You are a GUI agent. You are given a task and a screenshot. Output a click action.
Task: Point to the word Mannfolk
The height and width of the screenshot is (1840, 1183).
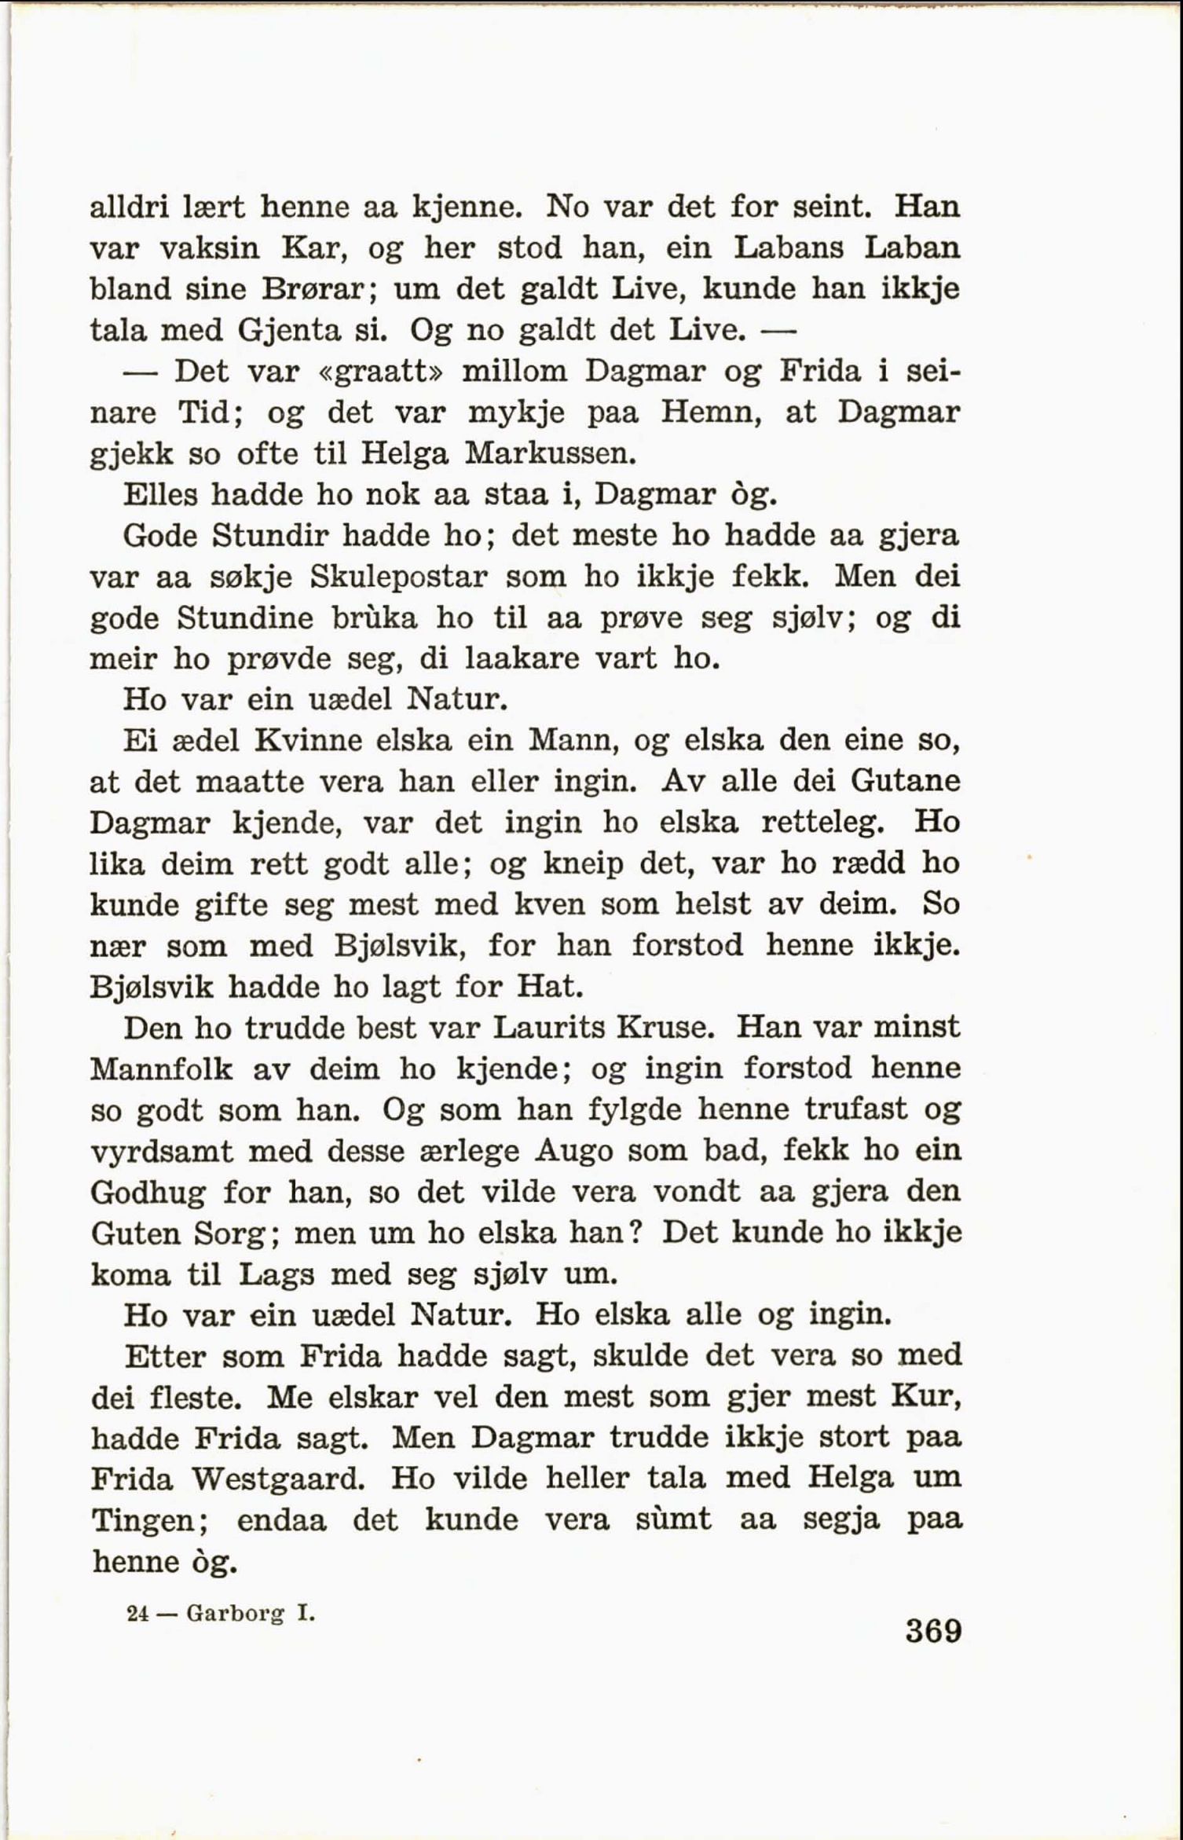point(161,1069)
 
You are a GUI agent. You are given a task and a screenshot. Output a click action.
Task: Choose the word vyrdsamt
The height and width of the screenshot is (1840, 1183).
point(161,1152)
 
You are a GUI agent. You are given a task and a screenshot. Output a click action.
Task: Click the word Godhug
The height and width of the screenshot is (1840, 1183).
point(148,1192)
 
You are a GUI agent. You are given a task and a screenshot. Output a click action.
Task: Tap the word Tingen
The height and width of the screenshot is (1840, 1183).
point(149,1520)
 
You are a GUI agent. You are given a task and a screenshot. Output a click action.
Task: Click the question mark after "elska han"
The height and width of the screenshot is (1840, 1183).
point(638,1232)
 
